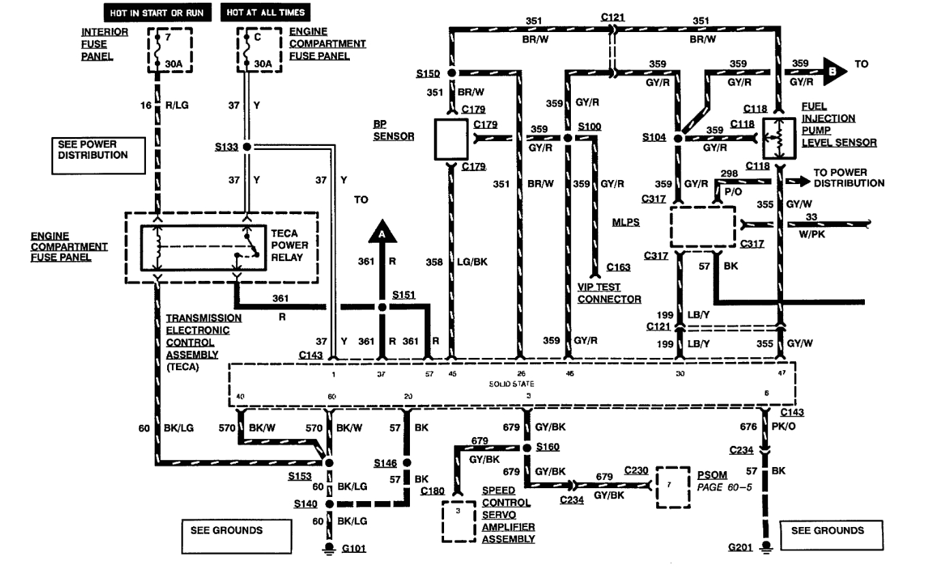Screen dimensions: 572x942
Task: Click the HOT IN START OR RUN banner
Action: click(x=158, y=12)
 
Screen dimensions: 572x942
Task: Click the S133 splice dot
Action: click(x=247, y=147)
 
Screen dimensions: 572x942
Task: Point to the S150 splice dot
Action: click(x=451, y=72)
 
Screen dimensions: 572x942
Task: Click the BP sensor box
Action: click(x=451, y=140)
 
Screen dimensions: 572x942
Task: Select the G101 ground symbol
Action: click(x=329, y=548)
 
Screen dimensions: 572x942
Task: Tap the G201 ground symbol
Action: click(x=766, y=547)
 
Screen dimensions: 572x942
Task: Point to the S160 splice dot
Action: click(x=526, y=448)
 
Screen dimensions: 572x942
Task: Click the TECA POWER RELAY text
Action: click(x=289, y=244)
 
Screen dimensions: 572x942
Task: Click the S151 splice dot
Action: click(x=383, y=308)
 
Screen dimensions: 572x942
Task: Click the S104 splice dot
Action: click(x=677, y=138)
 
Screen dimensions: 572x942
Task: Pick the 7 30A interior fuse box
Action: click(x=170, y=50)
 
